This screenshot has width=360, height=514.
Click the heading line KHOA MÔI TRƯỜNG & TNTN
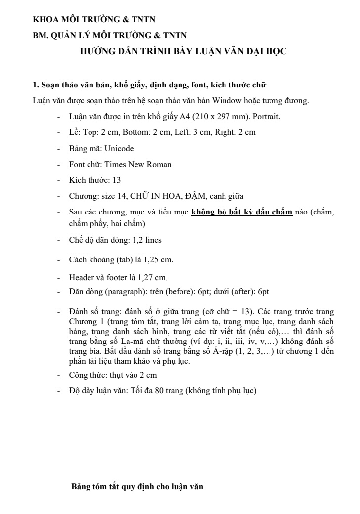coord(94,20)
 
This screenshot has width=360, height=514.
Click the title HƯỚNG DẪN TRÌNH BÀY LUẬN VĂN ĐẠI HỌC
coord(183,51)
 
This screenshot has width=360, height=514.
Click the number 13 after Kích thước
coord(117,180)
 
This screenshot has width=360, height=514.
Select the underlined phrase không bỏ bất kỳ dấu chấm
coord(242,213)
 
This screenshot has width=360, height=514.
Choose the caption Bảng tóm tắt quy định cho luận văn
coord(137,486)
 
